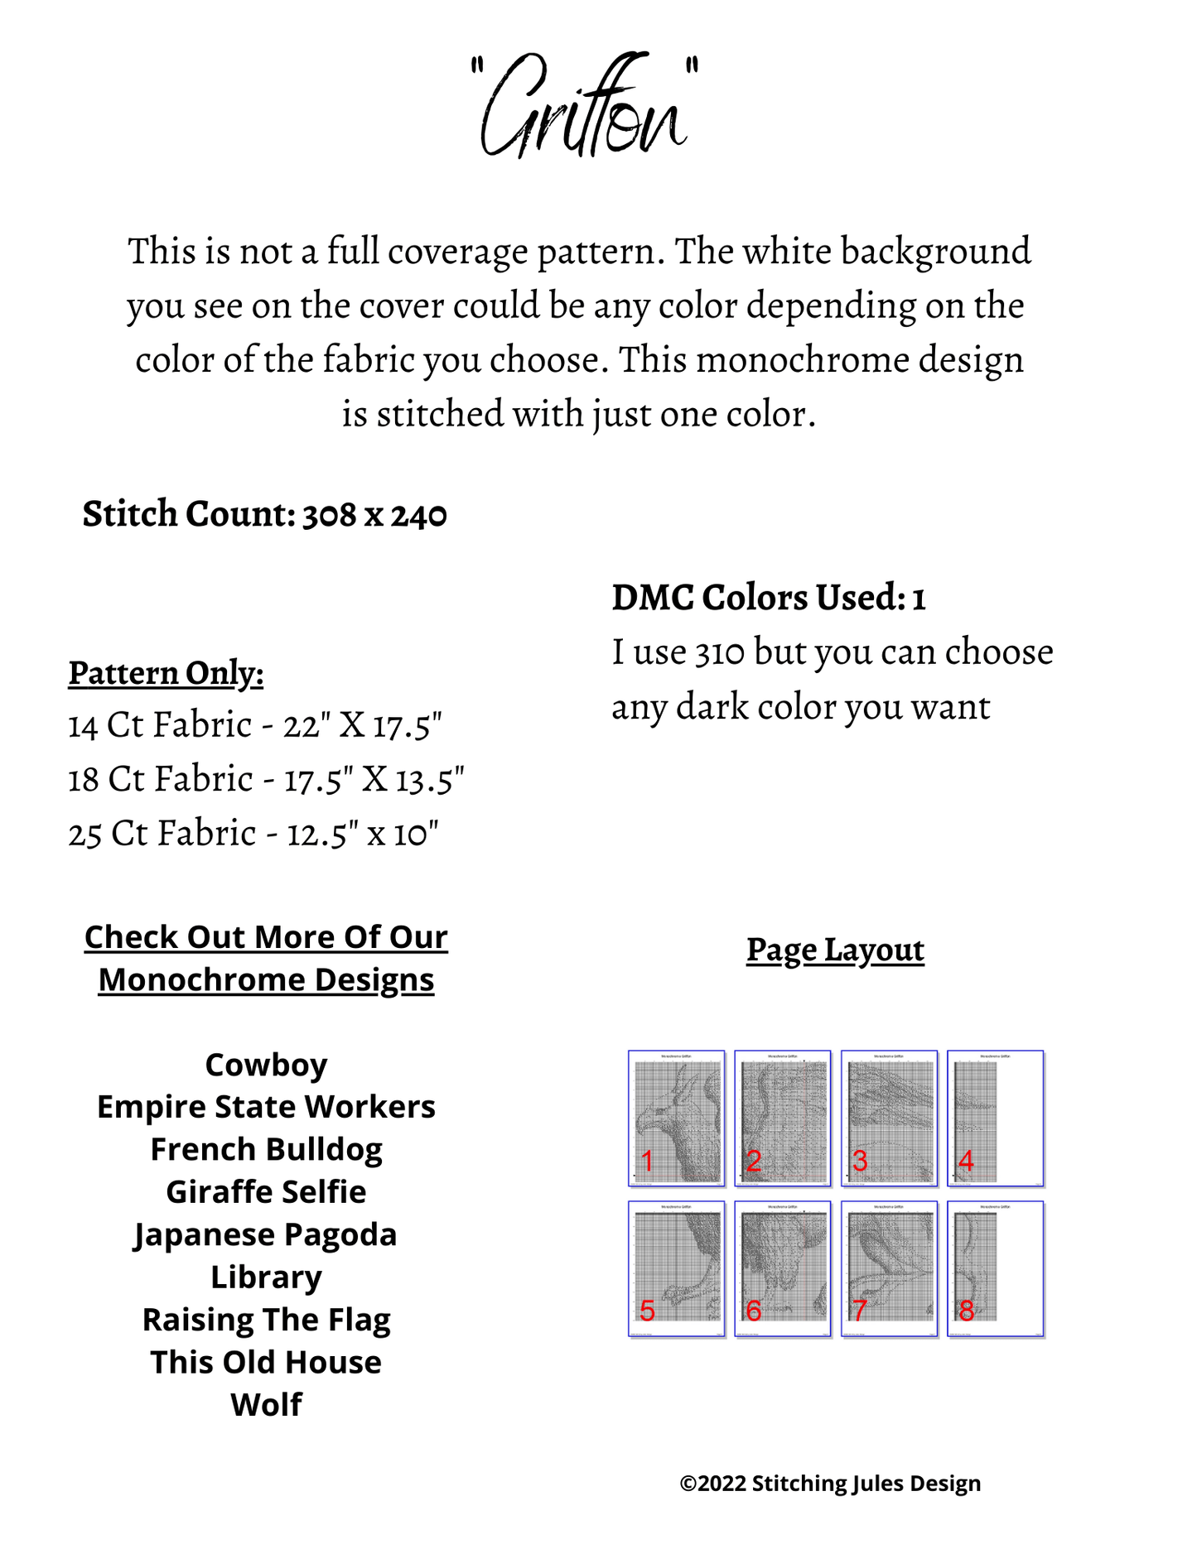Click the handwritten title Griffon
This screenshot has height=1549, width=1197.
click(x=584, y=107)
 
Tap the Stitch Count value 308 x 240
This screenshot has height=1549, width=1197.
click(x=374, y=515)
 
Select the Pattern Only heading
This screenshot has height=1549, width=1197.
click(x=166, y=673)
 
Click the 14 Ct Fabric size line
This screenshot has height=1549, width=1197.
click(x=254, y=726)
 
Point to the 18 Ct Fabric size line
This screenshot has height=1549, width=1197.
click(x=266, y=780)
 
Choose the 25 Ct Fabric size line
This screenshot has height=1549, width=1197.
click(x=253, y=834)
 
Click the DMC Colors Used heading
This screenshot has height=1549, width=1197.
click(x=768, y=598)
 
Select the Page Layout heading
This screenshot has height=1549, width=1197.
click(x=835, y=950)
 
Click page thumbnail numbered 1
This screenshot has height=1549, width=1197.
click(x=676, y=1118)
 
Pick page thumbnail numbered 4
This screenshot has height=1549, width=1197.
click(x=996, y=1118)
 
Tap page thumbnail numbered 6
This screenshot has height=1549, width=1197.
click(x=782, y=1268)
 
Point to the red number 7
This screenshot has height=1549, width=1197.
click(x=859, y=1311)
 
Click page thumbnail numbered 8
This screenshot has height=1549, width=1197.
click(x=996, y=1268)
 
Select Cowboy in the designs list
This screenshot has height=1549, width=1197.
click(x=266, y=1065)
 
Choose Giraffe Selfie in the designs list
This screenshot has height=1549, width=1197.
click(x=266, y=1192)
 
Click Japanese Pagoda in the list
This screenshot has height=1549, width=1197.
click(x=266, y=1234)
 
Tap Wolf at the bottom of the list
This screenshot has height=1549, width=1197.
click(x=266, y=1405)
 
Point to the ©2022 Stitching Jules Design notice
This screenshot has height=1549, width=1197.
click(x=830, y=1484)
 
